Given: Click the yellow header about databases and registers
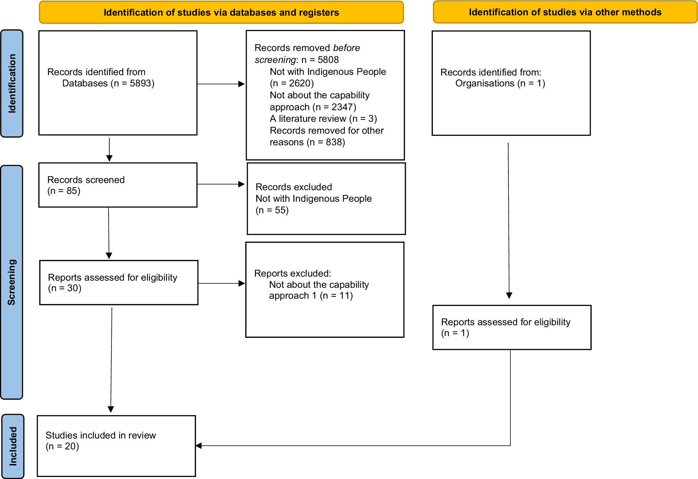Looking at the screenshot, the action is (x=221, y=13).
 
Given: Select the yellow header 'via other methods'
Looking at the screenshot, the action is (x=565, y=12).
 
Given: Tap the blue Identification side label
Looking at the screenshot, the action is (x=12, y=83).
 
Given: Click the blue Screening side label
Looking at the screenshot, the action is (x=12, y=282).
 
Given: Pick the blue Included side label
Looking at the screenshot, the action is (x=13, y=446).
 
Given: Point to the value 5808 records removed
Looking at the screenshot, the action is (x=328, y=60).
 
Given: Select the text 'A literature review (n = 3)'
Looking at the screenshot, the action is (x=324, y=119).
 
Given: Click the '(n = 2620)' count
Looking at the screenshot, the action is (x=292, y=83).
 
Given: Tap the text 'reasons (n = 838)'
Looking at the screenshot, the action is (x=308, y=142).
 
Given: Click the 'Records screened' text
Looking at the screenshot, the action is (x=86, y=180).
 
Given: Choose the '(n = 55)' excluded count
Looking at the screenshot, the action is (x=272, y=210).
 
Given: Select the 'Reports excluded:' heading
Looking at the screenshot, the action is (x=293, y=273).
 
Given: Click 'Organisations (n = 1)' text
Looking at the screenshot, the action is (x=500, y=83).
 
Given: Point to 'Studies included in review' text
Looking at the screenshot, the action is (x=101, y=435).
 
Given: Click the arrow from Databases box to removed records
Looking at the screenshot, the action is (x=221, y=84).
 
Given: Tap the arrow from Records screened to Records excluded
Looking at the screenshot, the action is (x=221, y=184).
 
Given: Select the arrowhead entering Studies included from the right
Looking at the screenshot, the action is (x=199, y=446).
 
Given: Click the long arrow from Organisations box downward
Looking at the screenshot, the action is (x=509, y=221).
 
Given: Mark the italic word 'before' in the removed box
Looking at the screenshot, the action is (x=347, y=48).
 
